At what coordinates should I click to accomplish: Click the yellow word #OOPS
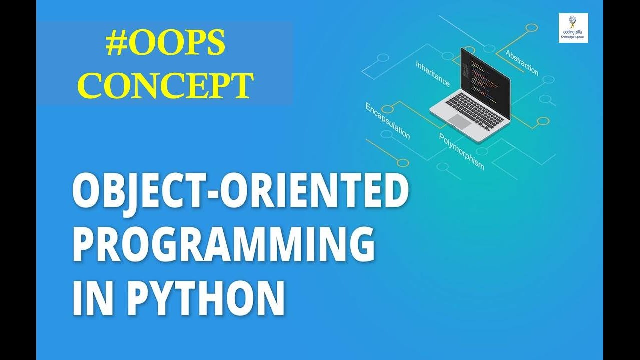[x=165, y=43]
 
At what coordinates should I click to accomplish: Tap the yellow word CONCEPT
[x=166, y=85]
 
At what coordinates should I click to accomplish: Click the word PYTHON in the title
[x=205, y=298]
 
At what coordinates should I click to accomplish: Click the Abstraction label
[x=522, y=63]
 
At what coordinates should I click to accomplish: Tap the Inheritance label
[x=432, y=73]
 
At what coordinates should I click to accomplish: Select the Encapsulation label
[x=387, y=121]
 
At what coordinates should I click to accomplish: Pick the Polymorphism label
[x=461, y=151]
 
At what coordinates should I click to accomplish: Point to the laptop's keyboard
[x=474, y=111]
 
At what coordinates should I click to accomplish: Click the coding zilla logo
[x=573, y=28]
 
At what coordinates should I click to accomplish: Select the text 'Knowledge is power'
[x=573, y=37]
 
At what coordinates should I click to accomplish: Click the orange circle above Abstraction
[x=531, y=28]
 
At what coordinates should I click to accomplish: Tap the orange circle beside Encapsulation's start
[x=387, y=109]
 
